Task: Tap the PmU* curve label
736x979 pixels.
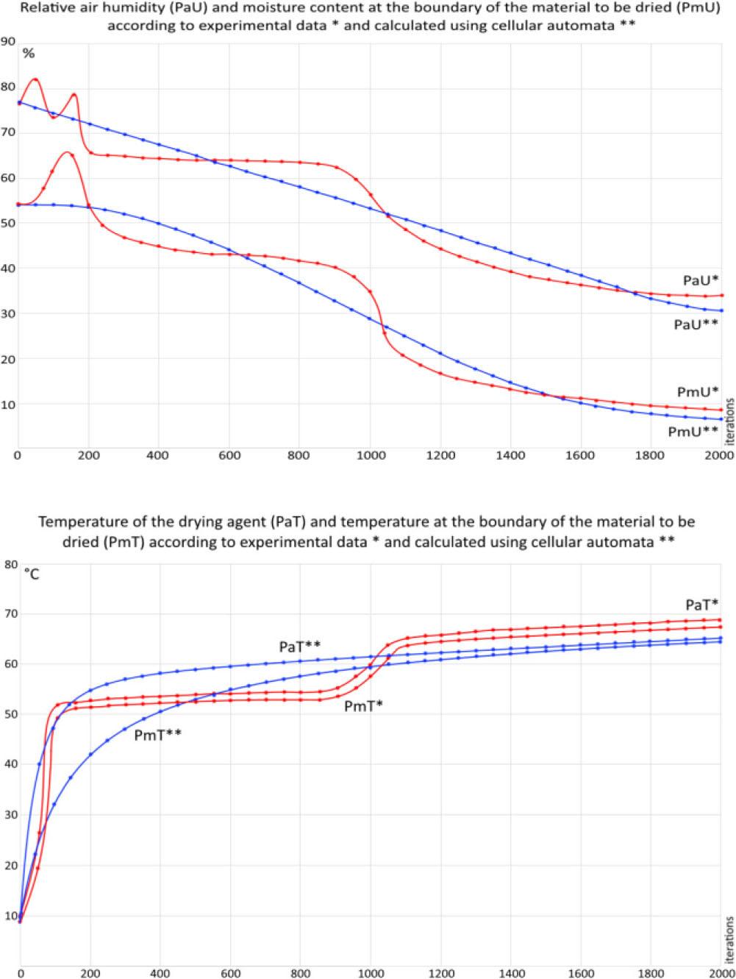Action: [x=696, y=391]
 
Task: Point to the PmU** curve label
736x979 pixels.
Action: [x=692, y=432]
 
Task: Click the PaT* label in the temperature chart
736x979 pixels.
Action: [x=701, y=605]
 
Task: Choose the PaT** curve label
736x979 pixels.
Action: [x=300, y=647]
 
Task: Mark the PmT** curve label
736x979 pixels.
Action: [x=159, y=734]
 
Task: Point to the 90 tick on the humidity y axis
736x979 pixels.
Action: [x=8, y=41]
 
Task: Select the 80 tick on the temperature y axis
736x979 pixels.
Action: [x=10, y=564]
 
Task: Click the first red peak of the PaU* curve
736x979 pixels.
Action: [x=35, y=79]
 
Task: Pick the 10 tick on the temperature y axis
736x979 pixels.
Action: [x=10, y=915]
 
